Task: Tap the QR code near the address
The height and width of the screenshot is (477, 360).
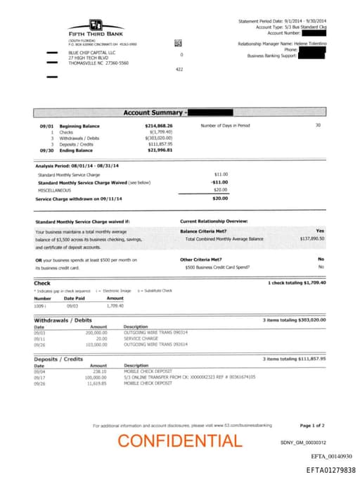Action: click(179, 44)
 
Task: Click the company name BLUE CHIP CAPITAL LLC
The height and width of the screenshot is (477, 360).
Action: click(92, 53)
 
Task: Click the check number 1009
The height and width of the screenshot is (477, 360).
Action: click(39, 306)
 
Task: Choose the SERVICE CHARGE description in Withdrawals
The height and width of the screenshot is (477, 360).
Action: click(141, 338)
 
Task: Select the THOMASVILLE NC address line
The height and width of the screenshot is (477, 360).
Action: click(98, 63)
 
